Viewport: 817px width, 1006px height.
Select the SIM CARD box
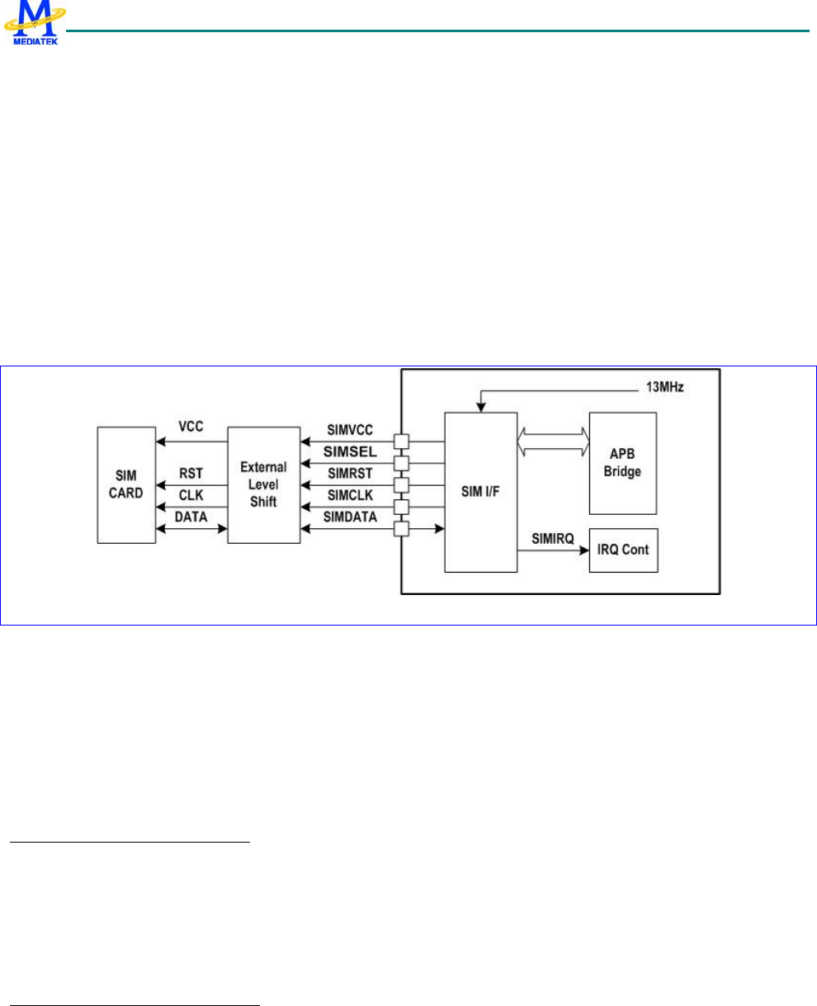(125, 484)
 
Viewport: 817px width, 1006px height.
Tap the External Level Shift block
(263, 484)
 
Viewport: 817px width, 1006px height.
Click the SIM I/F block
(481, 492)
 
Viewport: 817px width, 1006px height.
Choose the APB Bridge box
(623, 462)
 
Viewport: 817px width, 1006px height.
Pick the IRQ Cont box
(623, 550)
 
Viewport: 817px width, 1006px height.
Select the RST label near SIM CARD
(191, 476)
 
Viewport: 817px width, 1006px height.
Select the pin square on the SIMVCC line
(401, 442)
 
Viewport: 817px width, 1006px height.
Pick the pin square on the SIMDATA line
(401, 527)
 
